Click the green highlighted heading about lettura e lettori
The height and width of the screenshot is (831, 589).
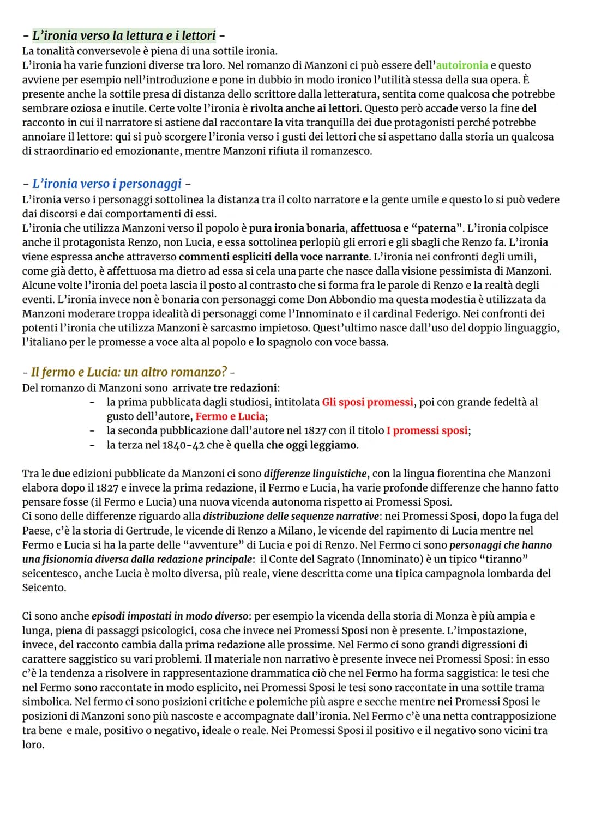[124, 36]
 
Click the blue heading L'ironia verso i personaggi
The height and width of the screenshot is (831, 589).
[106, 184]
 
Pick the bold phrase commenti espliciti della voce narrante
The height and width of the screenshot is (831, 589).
[274, 257]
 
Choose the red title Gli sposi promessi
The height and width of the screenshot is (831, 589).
[368, 402]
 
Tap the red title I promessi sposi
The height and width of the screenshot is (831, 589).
[428, 430]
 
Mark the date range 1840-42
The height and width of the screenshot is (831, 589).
[183, 445]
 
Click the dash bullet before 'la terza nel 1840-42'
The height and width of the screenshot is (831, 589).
[92, 445]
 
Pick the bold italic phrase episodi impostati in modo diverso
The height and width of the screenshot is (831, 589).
[170, 616]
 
